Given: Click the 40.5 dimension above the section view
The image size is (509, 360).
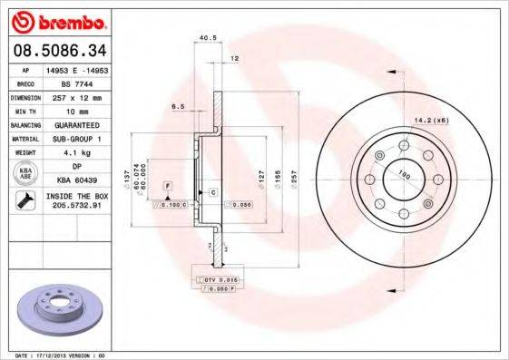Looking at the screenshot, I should (205, 38).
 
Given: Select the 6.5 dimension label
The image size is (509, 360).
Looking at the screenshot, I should (179, 106).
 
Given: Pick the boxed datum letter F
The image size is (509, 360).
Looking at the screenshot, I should (167, 186).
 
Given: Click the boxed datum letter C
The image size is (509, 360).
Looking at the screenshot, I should (212, 193).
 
